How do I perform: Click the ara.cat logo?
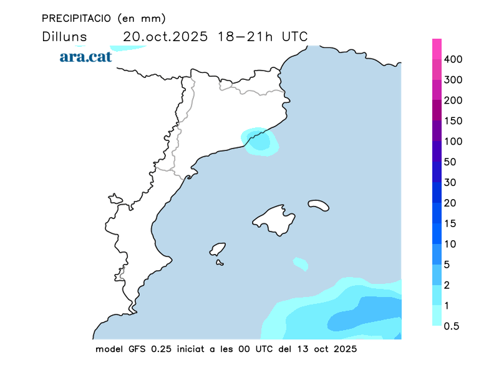click(85, 57)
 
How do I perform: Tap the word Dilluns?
click(64, 36)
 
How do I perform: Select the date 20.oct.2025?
click(165, 36)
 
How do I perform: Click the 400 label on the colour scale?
click(453, 59)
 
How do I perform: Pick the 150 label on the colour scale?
click(453, 121)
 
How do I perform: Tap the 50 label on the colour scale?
click(451, 162)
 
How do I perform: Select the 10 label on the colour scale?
click(450, 244)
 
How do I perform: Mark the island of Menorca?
click(319, 205)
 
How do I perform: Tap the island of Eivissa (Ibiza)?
click(218, 250)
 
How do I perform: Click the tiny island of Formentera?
click(220, 263)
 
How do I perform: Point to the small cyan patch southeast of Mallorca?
click(301, 264)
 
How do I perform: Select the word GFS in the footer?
click(137, 349)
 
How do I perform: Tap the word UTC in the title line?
click(294, 36)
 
